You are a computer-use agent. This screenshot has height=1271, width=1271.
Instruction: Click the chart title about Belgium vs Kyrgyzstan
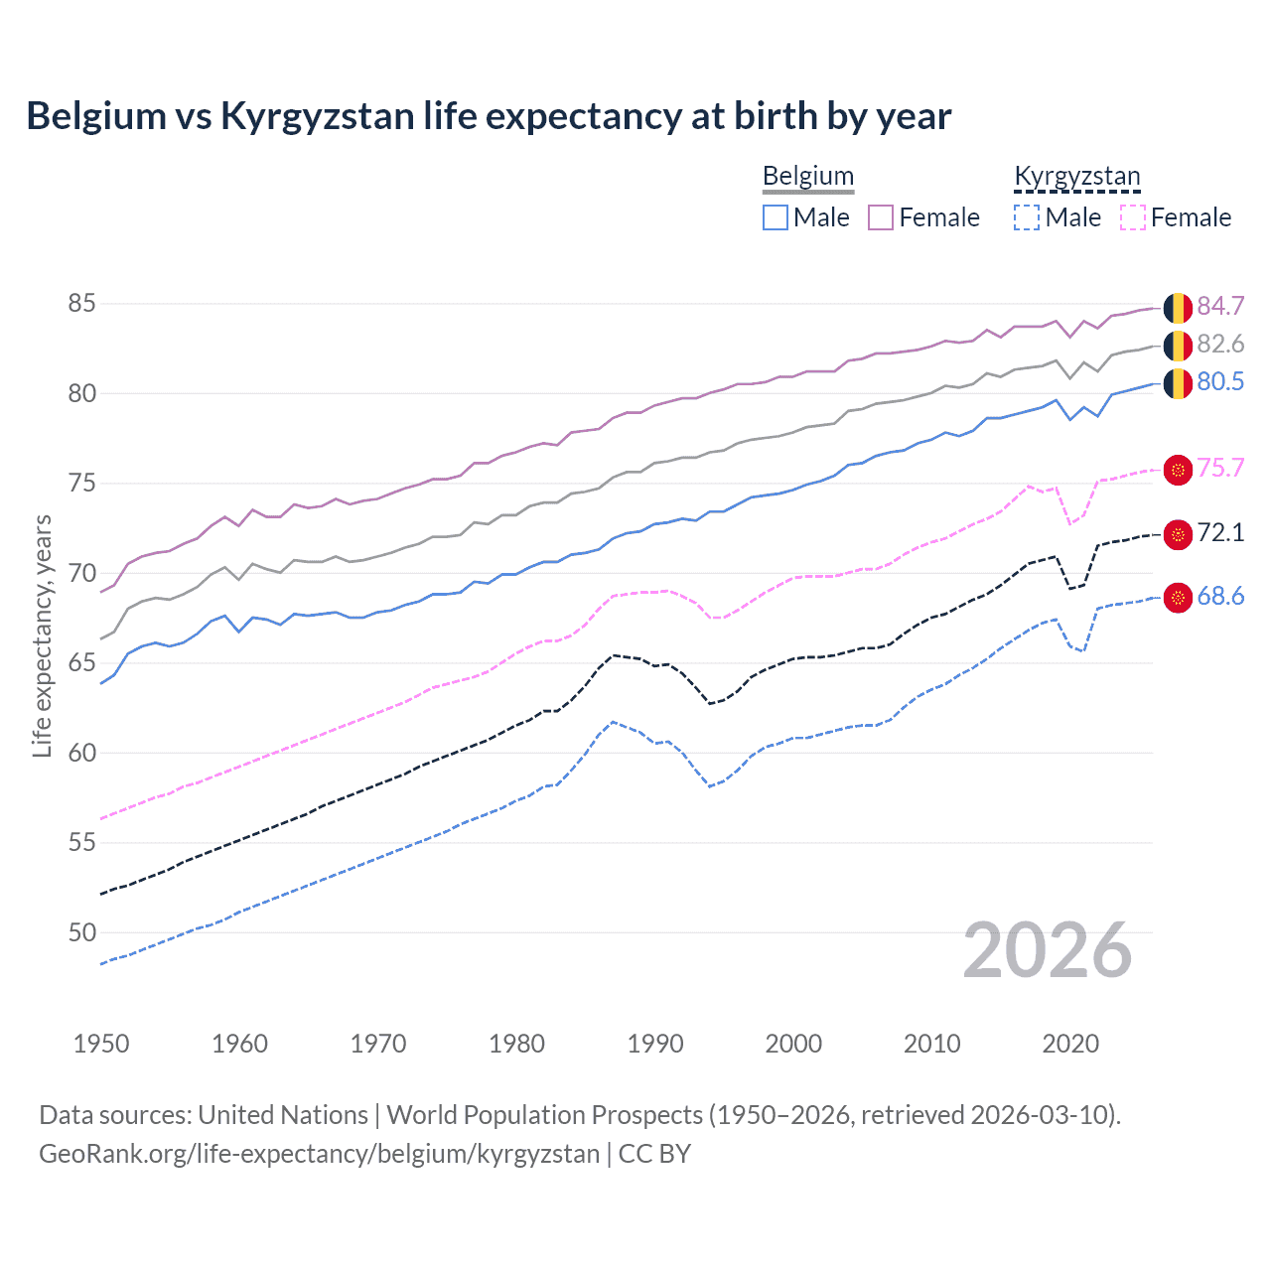click(x=489, y=116)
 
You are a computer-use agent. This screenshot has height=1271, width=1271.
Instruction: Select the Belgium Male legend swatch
click(x=776, y=217)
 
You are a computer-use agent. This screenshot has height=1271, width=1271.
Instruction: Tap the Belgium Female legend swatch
click(x=881, y=217)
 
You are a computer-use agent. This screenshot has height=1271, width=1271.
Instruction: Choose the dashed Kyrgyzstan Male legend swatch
click(x=1027, y=217)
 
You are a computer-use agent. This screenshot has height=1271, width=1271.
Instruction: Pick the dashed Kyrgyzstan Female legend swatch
click(x=1133, y=217)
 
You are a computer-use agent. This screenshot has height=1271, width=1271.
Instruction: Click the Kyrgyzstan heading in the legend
click(x=1077, y=177)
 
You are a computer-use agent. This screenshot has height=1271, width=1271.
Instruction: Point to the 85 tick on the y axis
click(x=82, y=303)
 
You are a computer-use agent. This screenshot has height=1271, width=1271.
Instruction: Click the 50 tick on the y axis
click(x=82, y=932)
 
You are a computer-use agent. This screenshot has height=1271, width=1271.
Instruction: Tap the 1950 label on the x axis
click(x=101, y=1044)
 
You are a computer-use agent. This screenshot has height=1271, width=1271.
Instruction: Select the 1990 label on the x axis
click(x=655, y=1044)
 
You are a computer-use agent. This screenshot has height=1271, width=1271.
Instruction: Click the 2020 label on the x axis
click(x=1070, y=1044)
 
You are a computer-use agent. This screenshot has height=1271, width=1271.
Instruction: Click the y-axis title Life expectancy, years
click(x=43, y=635)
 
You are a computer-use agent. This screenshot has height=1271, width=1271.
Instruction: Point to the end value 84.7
click(x=1220, y=307)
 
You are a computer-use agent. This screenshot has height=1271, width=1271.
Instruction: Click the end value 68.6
click(x=1220, y=597)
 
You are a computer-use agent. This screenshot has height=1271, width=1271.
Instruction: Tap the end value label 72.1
click(x=1220, y=533)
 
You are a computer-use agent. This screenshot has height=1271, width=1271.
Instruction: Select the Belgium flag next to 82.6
click(x=1178, y=346)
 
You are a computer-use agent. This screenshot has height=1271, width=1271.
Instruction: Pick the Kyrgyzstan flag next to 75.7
click(x=1178, y=470)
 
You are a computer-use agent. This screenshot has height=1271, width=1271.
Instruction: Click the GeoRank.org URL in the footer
click(x=319, y=1154)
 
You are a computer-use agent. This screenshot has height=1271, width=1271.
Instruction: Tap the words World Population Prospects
click(x=544, y=1115)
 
